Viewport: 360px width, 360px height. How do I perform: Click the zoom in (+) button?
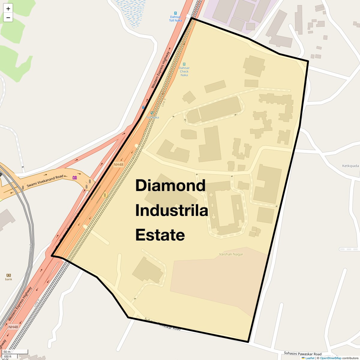8,9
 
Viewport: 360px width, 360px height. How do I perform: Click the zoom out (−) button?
8,18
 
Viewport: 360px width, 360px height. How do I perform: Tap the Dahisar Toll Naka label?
175,19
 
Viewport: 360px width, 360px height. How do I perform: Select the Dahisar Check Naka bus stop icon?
184,64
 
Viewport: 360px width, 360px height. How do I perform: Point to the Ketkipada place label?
350,166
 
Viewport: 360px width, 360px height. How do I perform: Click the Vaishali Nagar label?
231,254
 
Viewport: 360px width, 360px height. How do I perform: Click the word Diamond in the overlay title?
170,186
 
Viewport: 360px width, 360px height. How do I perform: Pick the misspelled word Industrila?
172,210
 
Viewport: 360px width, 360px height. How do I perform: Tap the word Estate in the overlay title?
160,235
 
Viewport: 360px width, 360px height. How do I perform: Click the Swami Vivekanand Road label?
45,181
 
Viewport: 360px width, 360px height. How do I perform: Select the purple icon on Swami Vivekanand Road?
75,178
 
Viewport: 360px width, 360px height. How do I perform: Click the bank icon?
8,275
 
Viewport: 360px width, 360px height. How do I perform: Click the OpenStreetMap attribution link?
331,358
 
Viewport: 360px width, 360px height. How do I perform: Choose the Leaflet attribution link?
310,358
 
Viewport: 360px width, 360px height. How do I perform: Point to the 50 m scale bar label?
7,352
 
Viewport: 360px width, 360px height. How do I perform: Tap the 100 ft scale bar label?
7,357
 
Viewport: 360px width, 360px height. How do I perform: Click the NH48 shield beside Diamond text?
118,165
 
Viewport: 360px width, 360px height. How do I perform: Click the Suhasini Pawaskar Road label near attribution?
303,354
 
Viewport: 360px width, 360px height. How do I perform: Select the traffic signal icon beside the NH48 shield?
105,195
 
